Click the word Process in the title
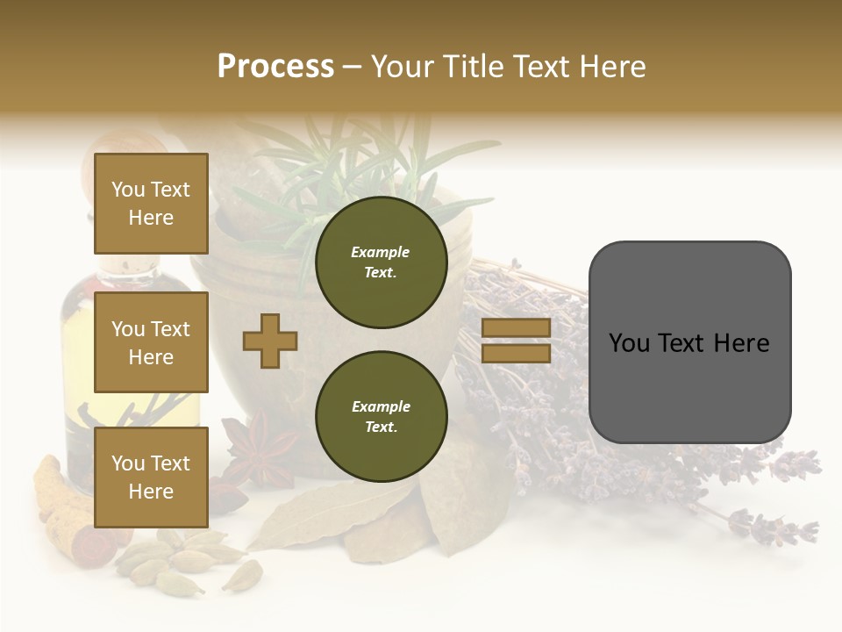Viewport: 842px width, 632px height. coord(275,67)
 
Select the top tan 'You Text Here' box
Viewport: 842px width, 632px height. coord(151,204)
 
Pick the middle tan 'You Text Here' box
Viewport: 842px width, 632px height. coord(151,342)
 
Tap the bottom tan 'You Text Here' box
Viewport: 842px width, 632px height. coord(151,478)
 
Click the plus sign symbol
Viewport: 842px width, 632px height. coord(270,341)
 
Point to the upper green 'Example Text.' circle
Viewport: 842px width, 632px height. coord(381,262)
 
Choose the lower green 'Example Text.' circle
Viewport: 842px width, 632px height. coord(381,417)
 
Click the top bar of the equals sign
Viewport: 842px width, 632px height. coord(516,328)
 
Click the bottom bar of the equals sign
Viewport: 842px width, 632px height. coord(516,353)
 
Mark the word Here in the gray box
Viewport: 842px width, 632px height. coord(741,343)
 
